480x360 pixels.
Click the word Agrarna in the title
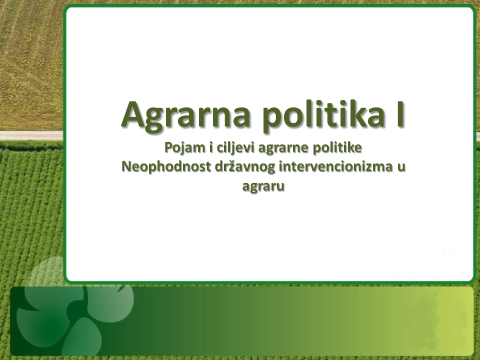click(x=185, y=115)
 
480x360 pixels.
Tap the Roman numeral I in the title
click(x=400, y=113)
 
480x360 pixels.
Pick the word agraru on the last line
click(x=263, y=186)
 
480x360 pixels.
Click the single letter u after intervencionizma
click(x=401, y=168)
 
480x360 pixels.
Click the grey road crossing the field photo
click(x=31, y=135)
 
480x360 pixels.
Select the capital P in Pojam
click(x=168, y=147)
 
